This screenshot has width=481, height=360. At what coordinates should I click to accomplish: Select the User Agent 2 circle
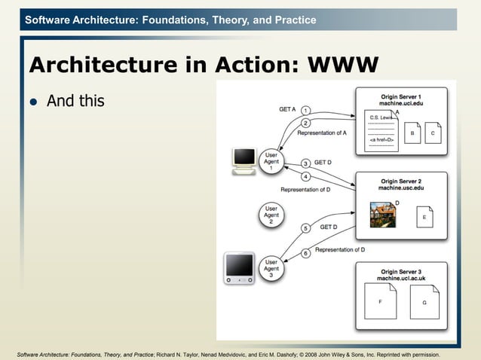(x=271, y=215)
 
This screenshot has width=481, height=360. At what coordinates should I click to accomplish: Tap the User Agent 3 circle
(x=271, y=269)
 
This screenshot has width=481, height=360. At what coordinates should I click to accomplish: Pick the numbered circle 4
(x=305, y=177)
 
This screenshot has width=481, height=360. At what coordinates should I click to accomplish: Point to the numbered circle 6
(x=305, y=254)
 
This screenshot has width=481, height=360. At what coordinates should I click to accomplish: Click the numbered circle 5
(x=305, y=227)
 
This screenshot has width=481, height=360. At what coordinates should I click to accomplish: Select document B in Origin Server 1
(x=412, y=133)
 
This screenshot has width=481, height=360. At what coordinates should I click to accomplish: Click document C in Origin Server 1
(x=433, y=133)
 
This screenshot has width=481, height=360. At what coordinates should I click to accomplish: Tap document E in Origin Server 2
(x=424, y=217)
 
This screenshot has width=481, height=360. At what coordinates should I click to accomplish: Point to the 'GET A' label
(x=287, y=109)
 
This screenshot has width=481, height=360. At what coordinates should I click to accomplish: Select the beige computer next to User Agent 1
(x=244, y=161)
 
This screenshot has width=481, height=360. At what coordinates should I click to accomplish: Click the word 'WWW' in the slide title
(x=342, y=66)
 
